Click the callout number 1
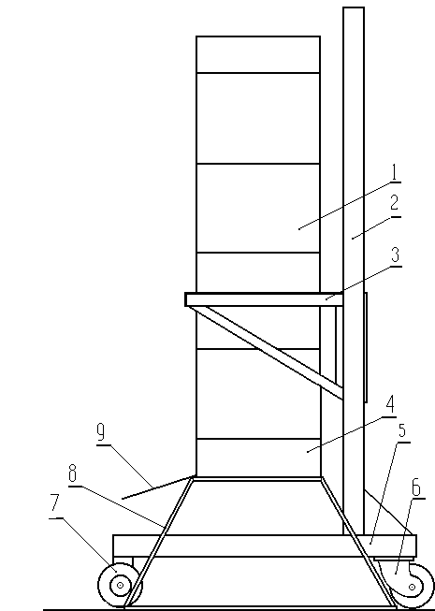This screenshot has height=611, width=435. point(396,172)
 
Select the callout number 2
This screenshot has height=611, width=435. point(395,203)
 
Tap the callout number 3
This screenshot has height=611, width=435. point(396,255)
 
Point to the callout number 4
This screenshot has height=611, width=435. point(390,404)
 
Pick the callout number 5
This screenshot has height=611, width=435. point(402,430)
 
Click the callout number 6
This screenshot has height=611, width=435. point(416,487)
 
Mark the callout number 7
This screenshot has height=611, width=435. point(55,502)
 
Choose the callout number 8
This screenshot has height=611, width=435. point(72,474)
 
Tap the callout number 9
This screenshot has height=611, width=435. point(101,432)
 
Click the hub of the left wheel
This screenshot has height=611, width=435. point(121,585)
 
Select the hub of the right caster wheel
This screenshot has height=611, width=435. point(412,587)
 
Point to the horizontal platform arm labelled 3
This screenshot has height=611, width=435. point(264,299)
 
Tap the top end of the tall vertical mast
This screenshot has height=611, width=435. point(354,7)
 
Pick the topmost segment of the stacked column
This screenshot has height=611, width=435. point(258,54)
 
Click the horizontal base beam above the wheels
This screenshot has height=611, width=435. point(265,546)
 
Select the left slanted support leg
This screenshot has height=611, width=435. point(159,543)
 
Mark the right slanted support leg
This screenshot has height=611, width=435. point(358,543)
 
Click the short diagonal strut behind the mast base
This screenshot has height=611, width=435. point(388,512)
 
